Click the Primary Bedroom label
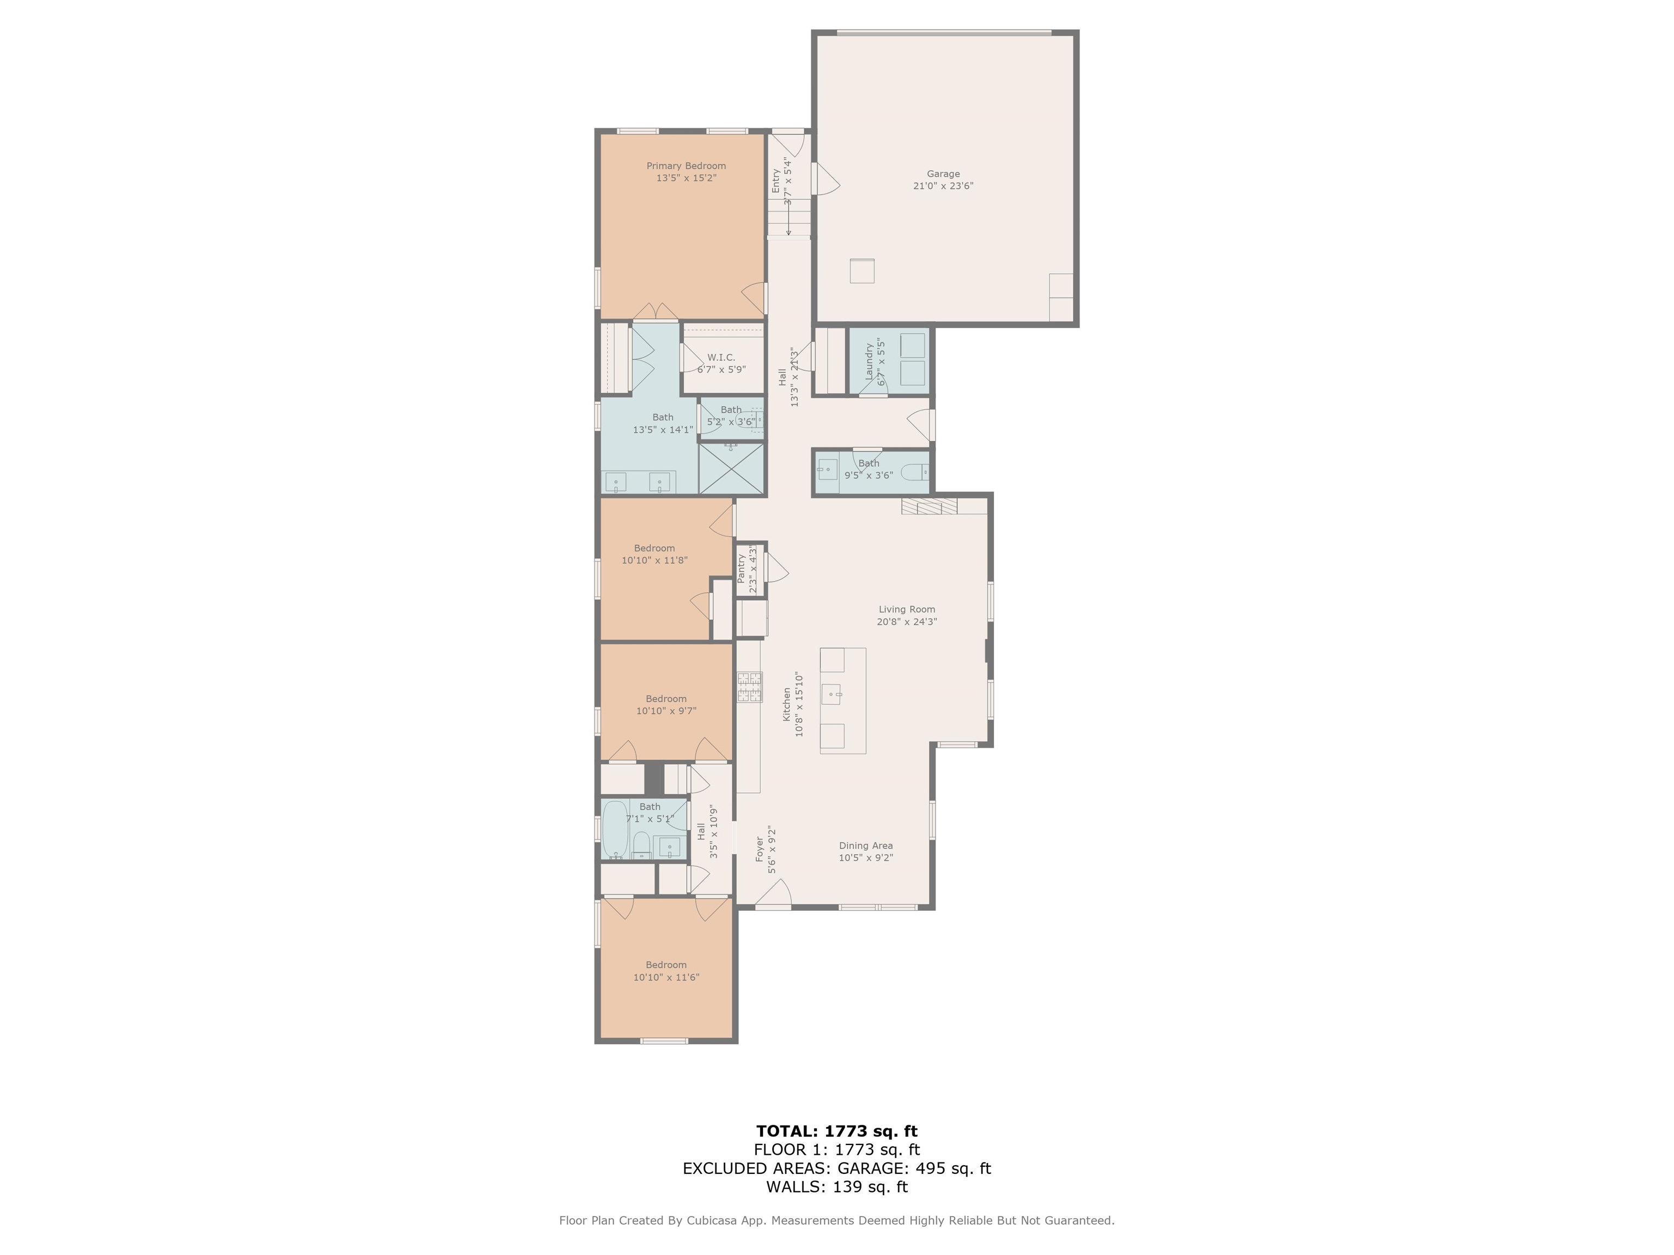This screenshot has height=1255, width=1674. click(x=686, y=166)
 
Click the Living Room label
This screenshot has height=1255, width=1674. click(x=907, y=609)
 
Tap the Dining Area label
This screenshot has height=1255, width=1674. click(x=866, y=846)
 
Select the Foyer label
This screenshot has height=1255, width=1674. click(x=760, y=850)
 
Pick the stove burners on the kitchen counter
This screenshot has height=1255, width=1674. click(x=750, y=687)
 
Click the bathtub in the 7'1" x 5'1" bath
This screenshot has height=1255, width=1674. click(x=615, y=829)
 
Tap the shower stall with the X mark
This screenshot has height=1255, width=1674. click(x=731, y=469)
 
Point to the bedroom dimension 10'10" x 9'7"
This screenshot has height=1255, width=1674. click(x=666, y=711)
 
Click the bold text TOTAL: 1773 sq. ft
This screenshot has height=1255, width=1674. click(x=836, y=1131)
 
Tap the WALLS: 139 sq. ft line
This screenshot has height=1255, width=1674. click(x=836, y=1187)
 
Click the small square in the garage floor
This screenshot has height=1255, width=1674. click(x=862, y=271)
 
